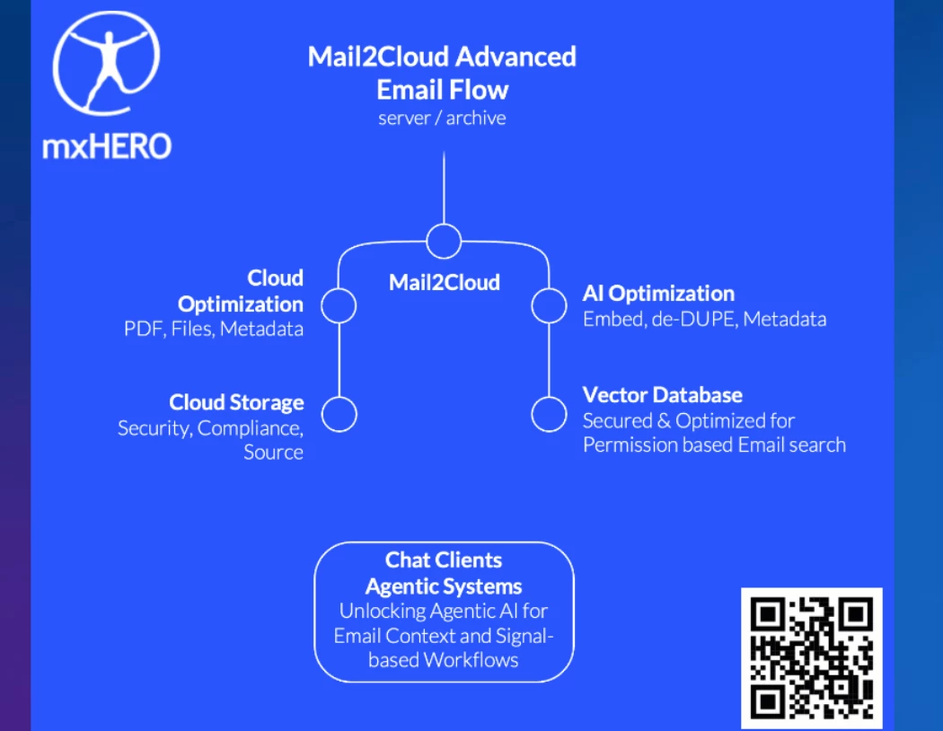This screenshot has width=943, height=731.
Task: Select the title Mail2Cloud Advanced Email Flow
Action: pyautogui.click(x=442, y=73)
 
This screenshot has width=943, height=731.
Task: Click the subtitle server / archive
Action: pyautogui.click(x=442, y=118)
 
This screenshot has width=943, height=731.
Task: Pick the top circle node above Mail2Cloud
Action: pyautogui.click(x=444, y=241)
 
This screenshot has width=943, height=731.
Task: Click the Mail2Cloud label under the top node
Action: pyautogui.click(x=444, y=282)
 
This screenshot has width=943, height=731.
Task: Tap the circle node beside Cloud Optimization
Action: pyautogui.click(x=339, y=305)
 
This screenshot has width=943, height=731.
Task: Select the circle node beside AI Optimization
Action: pyautogui.click(x=549, y=305)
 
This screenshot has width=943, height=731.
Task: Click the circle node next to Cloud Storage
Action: pyautogui.click(x=339, y=414)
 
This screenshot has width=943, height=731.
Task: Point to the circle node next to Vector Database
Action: pyautogui.click(x=549, y=414)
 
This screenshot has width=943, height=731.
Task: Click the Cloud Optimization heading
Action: pyautogui.click(x=241, y=291)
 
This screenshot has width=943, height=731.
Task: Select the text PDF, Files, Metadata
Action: pyautogui.click(x=214, y=329)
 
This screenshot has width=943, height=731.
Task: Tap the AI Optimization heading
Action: pyautogui.click(x=658, y=294)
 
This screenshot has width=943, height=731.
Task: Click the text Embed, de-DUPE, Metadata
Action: pyautogui.click(x=704, y=319)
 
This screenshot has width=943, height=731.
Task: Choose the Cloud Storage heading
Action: pyautogui.click(x=236, y=403)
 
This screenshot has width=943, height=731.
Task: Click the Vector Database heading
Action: pyautogui.click(x=662, y=395)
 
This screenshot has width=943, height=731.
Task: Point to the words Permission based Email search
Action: pyautogui.click(x=714, y=445)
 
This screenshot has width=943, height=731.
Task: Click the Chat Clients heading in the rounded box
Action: pyautogui.click(x=444, y=560)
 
